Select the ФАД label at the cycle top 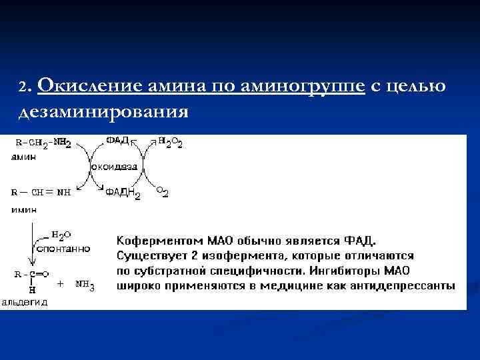point(117,141)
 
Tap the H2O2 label point(170,143)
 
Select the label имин point(23,209)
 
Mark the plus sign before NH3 point(60,283)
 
